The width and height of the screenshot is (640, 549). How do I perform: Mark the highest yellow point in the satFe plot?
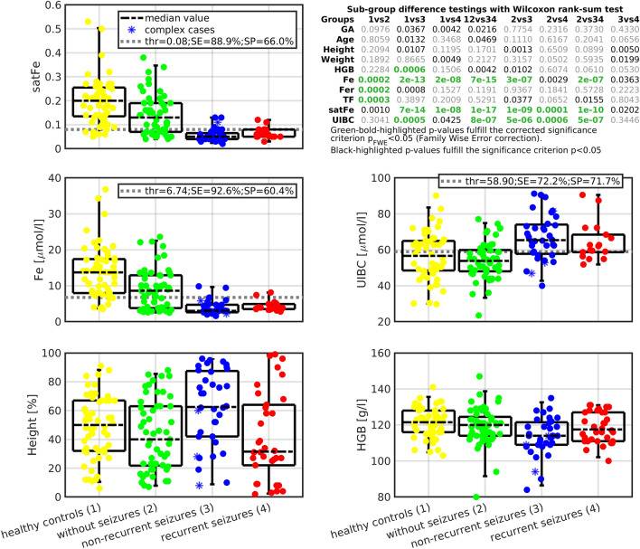(x=88, y=21)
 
